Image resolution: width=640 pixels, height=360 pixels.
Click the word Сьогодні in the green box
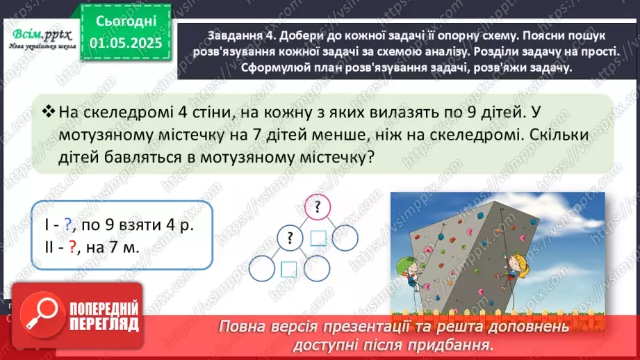click(126, 24)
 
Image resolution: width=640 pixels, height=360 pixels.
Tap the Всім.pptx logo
click(40, 34)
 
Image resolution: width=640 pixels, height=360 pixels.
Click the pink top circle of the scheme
click(317, 206)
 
